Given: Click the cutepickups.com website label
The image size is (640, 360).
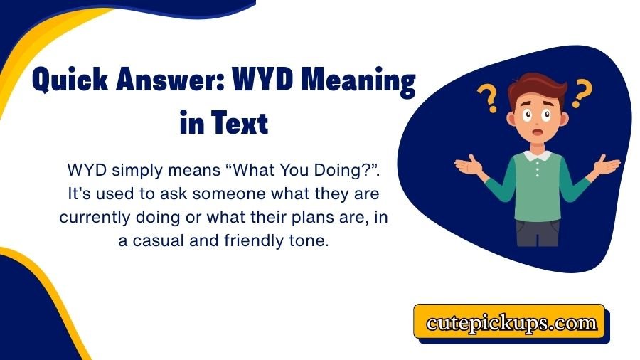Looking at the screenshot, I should pyautogui.click(x=511, y=324).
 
